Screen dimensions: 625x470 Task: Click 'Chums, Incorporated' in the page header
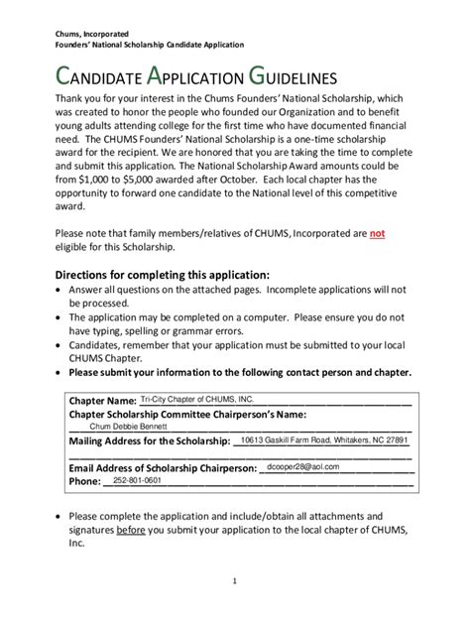click(92, 34)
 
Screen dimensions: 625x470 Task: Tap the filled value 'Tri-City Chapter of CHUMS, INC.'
click(199, 397)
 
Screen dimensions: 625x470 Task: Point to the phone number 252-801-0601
click(139, 480)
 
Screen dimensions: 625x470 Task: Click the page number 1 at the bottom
click(235, 581)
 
